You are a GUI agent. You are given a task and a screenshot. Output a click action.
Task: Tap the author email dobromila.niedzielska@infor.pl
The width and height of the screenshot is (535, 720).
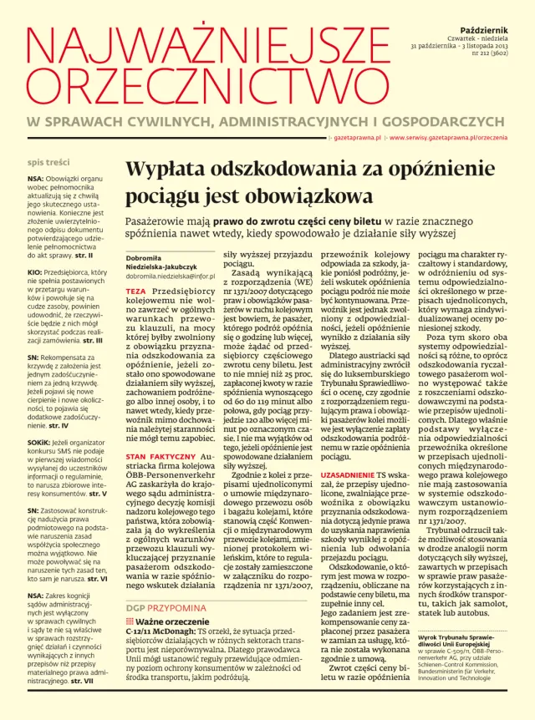(171, 276)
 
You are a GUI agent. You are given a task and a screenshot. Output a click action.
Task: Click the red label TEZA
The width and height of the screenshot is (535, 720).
(135, 291)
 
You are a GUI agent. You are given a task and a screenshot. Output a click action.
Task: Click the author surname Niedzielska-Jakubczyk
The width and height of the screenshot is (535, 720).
(161, 266)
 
